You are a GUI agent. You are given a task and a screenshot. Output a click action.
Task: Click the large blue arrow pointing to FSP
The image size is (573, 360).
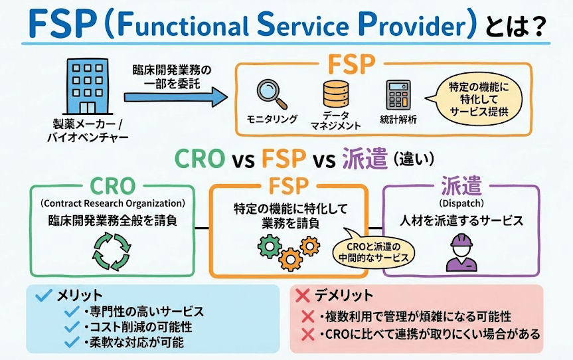pyautogui.click(x=175, y=96)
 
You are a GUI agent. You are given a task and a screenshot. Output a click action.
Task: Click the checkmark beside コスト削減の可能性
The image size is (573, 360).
pyautogui.click(x=71, y=327)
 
